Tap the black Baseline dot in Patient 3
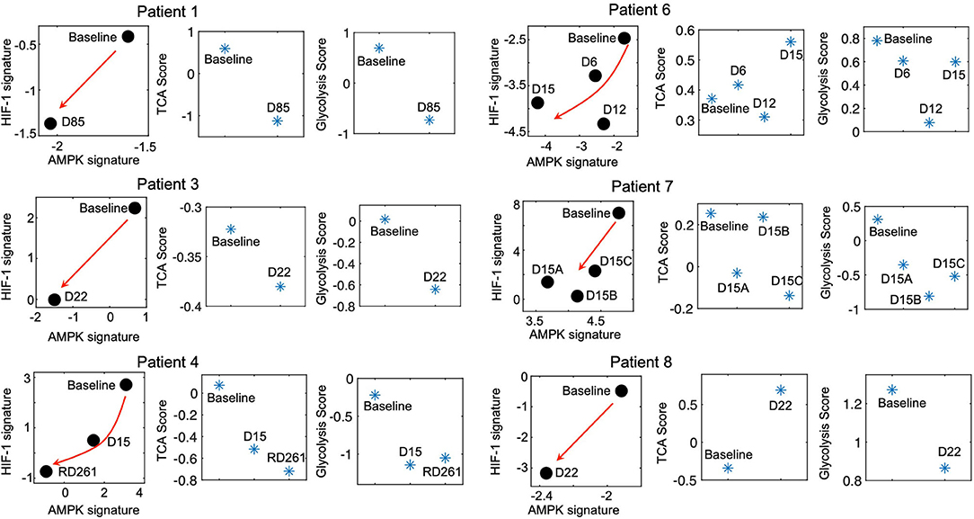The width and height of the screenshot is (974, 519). click(x=136, y=208)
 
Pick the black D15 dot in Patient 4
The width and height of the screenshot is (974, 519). click(x=93, y=440)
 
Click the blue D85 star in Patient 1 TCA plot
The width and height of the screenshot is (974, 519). click(x=278, y=121)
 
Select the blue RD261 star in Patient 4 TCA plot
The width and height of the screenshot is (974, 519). click(x=289, y=471)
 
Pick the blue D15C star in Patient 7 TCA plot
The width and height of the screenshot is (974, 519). click(x=790, y=295)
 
